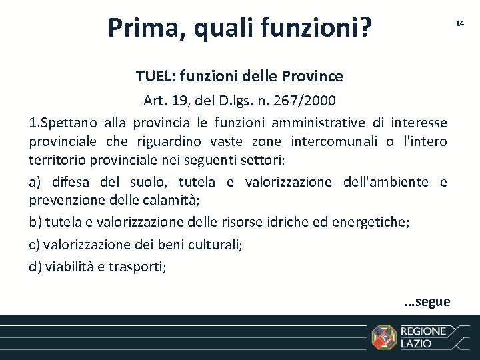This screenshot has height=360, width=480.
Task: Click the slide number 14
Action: pyautogui.click(x=459, y=23)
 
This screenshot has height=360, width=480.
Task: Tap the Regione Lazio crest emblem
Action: pyautogui.click(x=383, y=337)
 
